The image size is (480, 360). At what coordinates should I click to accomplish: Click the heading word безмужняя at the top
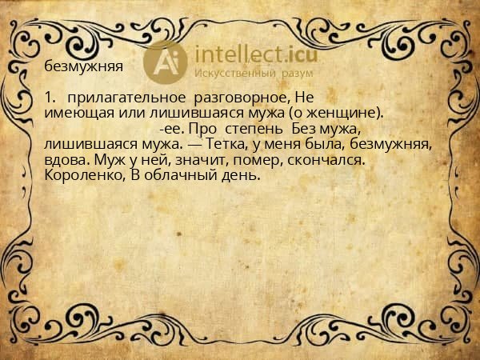(x=83, y=66)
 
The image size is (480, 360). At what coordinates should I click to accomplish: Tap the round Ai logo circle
(x=166, y=62)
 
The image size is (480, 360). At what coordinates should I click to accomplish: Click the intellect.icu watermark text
(x=256, y=54)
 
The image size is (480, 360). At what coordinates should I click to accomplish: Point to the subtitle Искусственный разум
(x=254, y=74)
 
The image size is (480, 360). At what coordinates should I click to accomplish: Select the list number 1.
(x=50, y=98)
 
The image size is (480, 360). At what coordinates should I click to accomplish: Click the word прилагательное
(x=126, y=98)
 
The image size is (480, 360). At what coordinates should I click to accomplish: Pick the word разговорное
(x=242, y=98)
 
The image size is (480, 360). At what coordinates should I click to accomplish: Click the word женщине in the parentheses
(x=343, y=114)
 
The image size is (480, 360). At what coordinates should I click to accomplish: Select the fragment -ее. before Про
(x=172, y=130)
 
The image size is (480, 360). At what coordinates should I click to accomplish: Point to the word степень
(x=254, y=130)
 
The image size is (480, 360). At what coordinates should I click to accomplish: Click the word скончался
(x=326, y=160)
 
